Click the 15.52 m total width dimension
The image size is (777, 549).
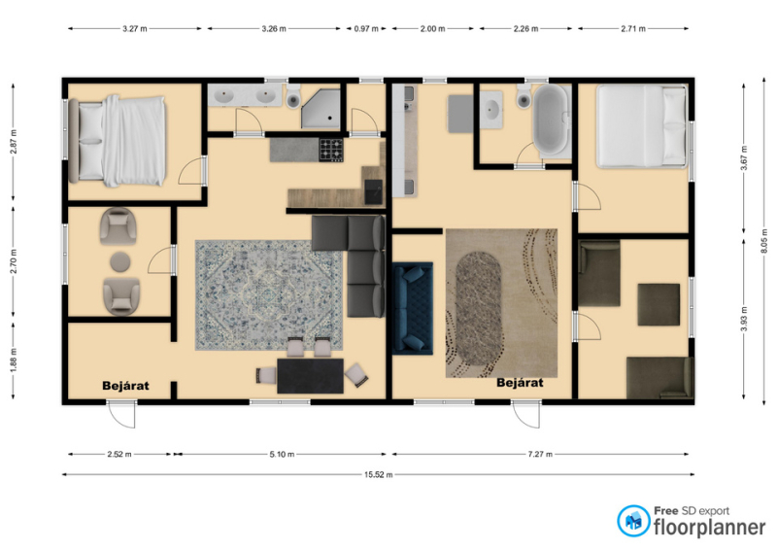click(x=379, y=474)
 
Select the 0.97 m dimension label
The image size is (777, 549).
click(x=366, y=29)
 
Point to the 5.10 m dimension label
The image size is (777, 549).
click(x=282, y=454)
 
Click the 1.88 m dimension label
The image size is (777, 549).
click(x=14, y=359)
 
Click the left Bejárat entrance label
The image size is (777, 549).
click(x=125, y=386)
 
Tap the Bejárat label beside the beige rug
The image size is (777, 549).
click(x=520, y=383)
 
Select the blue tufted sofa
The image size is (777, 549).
click(x=413, y=308)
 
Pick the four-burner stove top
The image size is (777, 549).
click(x=331, y=151)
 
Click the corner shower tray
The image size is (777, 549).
click(x=321, y=109)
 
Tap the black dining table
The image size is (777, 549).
click(x=310, y=376)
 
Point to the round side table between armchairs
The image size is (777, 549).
click(x=120, y=261)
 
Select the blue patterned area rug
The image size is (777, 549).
click(x=269, y=295)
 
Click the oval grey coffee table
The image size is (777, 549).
click(x=479, y=309)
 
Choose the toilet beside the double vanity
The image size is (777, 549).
click(x=293, y=96)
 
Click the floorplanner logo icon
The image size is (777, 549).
click(x=633, y=521)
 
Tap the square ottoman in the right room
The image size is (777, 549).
click(x=659, y=304)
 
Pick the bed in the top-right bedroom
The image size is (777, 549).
click(x=642, y=126)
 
